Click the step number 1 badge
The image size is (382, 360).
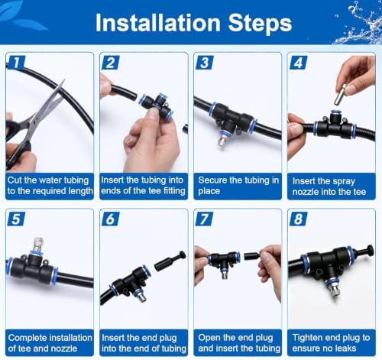(x=16, y=63)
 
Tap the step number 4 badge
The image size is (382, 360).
(x=299, y=63)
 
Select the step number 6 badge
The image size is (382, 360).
(x=110, y=219)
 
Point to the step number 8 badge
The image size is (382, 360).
(x=298, y=219)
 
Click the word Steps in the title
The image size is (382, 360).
(x=260, y=24)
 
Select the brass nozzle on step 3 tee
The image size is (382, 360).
(x=222, y=139)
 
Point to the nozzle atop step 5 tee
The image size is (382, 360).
(x=38, y=244)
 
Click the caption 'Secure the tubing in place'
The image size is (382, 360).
(x=238, y=186)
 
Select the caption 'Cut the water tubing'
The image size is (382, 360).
(x=48, y=180)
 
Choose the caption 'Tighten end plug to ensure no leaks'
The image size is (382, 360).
(x=331, y=343)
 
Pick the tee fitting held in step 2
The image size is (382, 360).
(x=156, y=108)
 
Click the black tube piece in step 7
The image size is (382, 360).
(x=251, y=256)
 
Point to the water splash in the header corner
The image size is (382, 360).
(x=359, y=23)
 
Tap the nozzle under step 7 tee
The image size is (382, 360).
(x=224, y=274)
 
